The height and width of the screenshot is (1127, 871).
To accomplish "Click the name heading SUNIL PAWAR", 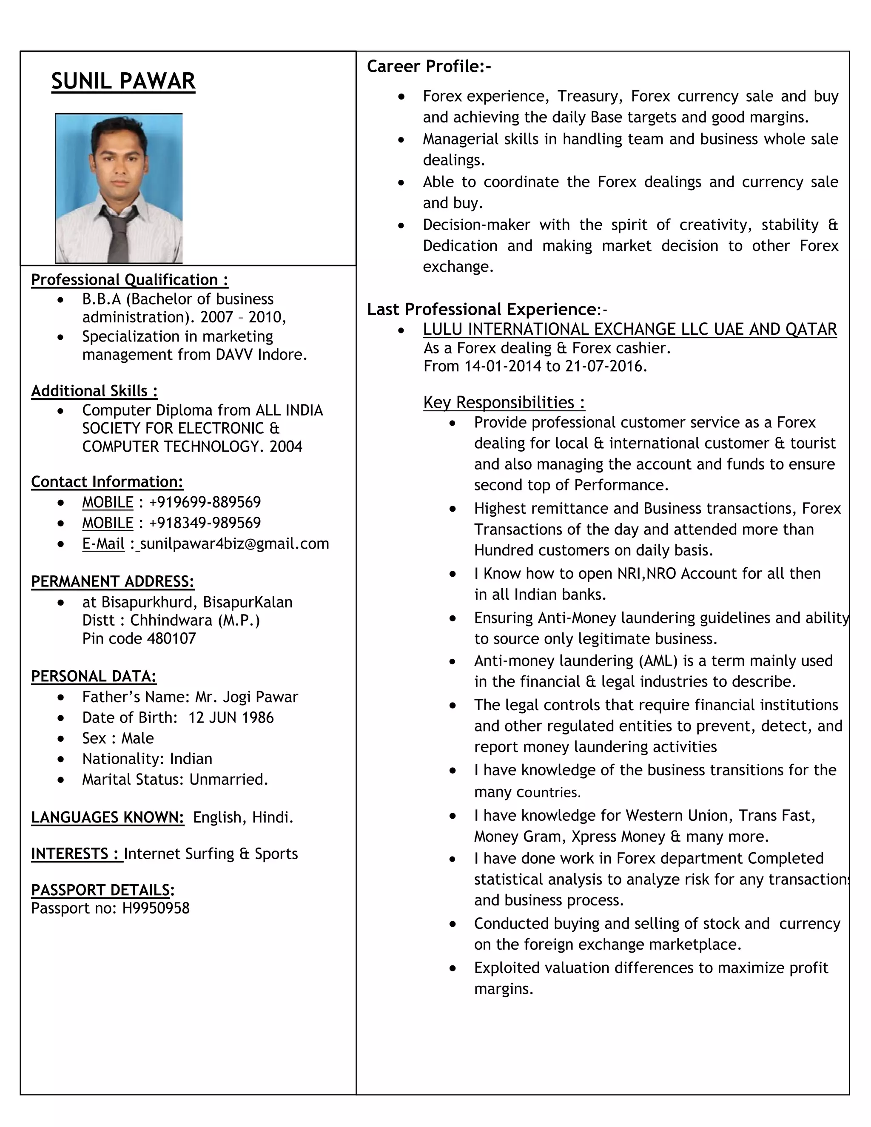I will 123,82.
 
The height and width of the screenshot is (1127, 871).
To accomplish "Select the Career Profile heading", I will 429,67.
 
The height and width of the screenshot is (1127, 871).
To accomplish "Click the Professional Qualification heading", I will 130,280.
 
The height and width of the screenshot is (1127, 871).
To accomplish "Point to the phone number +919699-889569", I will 205,502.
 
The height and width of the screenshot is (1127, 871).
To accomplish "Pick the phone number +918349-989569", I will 205,523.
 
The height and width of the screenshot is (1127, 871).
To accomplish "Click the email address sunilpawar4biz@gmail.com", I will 234,544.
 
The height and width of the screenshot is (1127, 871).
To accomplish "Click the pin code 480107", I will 171,638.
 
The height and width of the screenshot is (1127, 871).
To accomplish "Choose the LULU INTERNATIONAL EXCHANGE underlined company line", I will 629,329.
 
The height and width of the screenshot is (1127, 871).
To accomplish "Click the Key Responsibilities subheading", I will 504,402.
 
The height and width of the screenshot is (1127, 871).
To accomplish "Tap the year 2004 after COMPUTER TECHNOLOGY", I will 285,447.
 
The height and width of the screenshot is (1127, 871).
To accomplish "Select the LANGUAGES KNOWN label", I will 107,817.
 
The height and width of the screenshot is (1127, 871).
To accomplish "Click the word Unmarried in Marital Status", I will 228,779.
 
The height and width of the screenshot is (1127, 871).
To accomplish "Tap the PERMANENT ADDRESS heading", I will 112,581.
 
